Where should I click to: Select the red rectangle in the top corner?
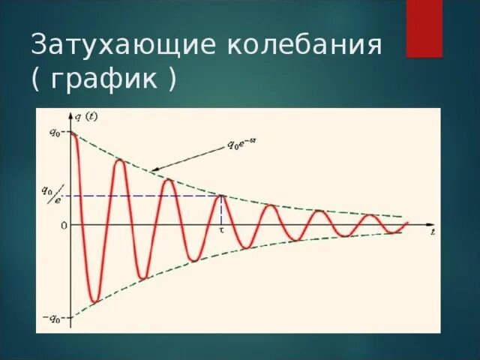(424, 28)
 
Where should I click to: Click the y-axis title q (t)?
(86, 115)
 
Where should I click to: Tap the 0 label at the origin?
(64, 224)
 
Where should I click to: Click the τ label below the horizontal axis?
(221, 231)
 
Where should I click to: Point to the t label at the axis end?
(433, 232)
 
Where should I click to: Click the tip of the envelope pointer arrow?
(151, 170)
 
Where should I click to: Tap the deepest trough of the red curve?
(93, 302)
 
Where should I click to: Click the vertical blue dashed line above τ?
(221, 211)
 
